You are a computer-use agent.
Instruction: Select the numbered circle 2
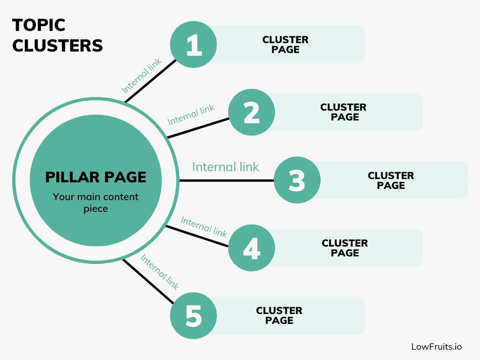252,112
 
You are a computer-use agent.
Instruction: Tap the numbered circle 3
297,180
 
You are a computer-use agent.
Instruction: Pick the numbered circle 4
252,248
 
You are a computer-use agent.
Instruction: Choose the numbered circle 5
194,315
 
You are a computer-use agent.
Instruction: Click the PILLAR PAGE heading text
96,177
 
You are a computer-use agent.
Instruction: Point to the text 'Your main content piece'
96,202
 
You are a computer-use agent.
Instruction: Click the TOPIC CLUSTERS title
58,35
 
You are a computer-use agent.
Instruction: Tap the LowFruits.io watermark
436,346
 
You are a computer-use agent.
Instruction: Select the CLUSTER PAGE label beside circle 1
285,45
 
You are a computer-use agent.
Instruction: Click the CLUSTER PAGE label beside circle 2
344,112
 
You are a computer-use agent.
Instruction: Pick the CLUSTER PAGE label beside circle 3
391,180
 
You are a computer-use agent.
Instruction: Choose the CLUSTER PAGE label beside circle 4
345,248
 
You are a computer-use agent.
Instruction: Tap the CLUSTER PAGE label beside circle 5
279,315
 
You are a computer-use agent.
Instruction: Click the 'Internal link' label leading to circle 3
225,167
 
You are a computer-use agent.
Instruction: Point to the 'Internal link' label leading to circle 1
142,75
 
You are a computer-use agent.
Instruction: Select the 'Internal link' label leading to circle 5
159,272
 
